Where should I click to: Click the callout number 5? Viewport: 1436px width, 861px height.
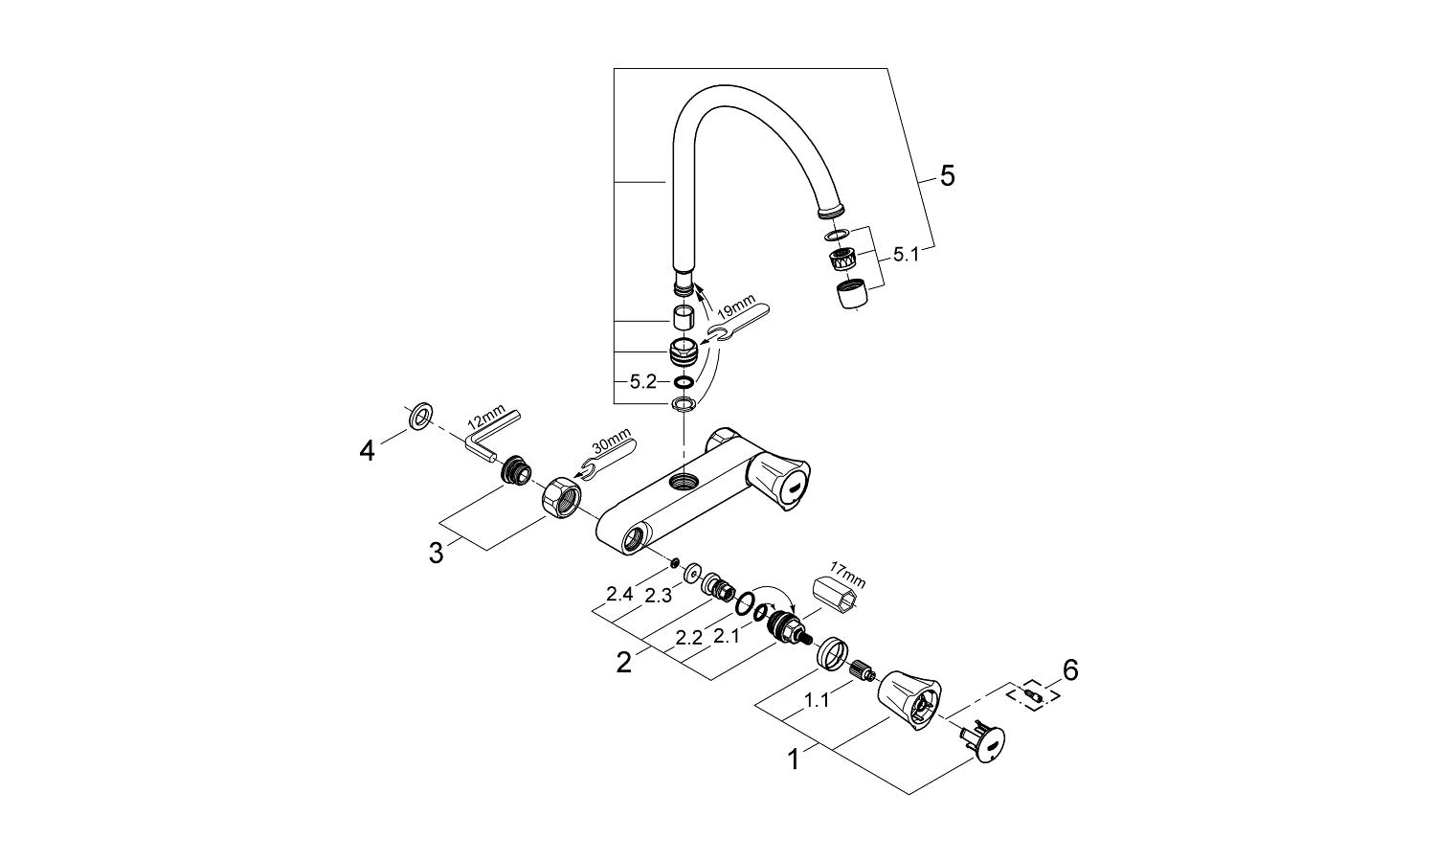947,176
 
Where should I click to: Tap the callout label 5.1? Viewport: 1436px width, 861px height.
906,255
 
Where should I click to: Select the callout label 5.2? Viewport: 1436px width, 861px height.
642,381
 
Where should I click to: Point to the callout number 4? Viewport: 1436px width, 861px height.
368,450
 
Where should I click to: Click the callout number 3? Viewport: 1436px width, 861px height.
436,554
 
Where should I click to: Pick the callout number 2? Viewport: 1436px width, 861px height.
623,662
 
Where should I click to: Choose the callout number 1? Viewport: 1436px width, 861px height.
793,760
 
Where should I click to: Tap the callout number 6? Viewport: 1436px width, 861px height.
1069,670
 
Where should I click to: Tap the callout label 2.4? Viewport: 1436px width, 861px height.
620,595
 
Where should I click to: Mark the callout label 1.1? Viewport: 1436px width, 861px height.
817,701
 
